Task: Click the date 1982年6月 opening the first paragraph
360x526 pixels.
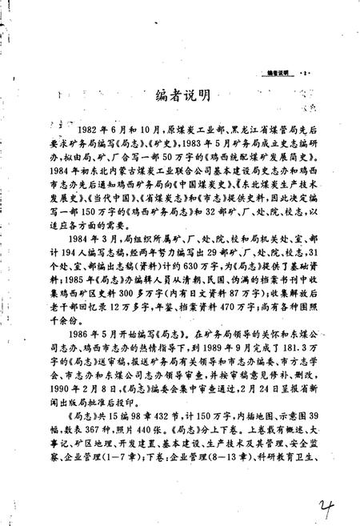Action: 101,128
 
